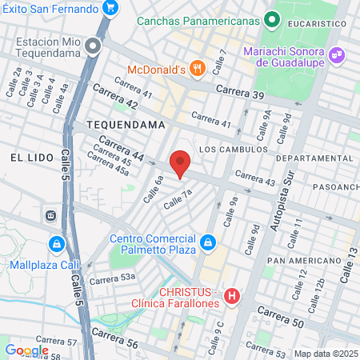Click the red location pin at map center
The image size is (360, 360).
click(x=180, y=164)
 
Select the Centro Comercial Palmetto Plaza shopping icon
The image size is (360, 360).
click(x=207, y=242)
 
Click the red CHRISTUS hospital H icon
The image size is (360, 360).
click(x=233, y=298)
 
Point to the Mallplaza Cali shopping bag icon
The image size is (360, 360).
click(x=55, y=243)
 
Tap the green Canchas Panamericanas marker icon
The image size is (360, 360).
click(x=272, y=17)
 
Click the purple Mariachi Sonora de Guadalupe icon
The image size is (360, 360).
click(x=338, y=54)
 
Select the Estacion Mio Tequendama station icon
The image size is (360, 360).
click(x=94, y=46)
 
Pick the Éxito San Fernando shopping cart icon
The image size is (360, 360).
click(x=110, y=10)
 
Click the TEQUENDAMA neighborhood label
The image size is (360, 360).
click(x=126, y=126)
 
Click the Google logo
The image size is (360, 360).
click(x=26, y=350)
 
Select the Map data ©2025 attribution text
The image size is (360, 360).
click(x=325, y=354)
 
